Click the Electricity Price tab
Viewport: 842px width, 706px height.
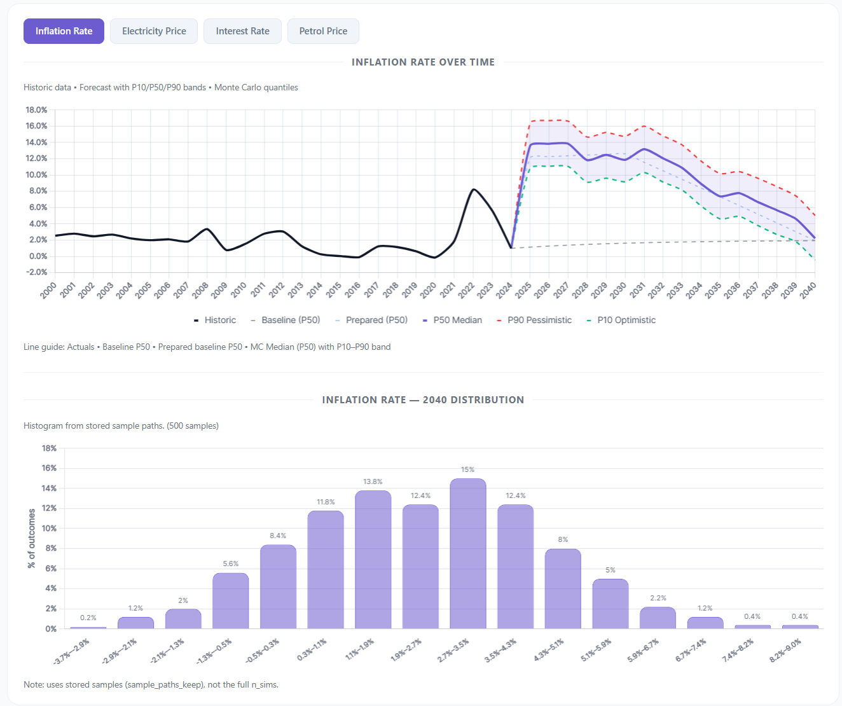154,31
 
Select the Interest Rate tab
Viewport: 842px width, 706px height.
242,31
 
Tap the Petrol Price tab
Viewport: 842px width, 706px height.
323,31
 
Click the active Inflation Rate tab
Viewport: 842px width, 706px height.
64,31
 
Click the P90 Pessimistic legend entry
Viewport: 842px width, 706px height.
539,320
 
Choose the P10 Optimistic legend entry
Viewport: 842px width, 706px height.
626,320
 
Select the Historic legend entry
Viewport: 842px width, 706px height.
219,320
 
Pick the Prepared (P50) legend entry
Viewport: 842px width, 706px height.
376,320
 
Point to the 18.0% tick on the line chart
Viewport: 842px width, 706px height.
36,109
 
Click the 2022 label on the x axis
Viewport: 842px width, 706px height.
467,291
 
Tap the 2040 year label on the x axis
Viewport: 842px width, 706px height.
808,291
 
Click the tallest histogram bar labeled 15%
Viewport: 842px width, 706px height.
468,553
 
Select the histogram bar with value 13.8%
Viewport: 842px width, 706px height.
373,560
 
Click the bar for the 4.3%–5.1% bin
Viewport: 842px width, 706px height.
563,588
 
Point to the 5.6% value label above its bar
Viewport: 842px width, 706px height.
231,564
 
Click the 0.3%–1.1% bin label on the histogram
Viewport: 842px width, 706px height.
313,649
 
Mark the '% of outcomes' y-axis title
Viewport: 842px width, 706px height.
32,538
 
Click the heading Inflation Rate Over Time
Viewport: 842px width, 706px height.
423,62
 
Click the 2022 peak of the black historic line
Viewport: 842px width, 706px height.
473,190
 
